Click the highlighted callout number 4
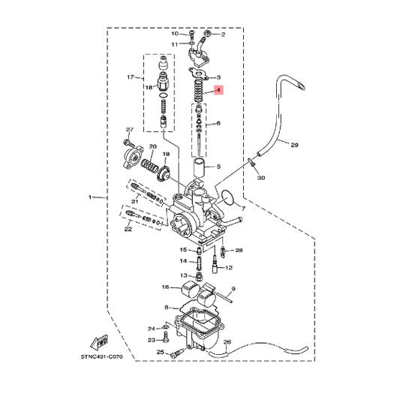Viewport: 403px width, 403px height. point(218,90)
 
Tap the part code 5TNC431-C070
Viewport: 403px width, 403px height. point(102,356)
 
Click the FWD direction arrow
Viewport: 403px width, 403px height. point(100,341)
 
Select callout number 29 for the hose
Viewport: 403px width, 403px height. point(294,145)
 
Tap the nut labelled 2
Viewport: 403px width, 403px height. point(207,34)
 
